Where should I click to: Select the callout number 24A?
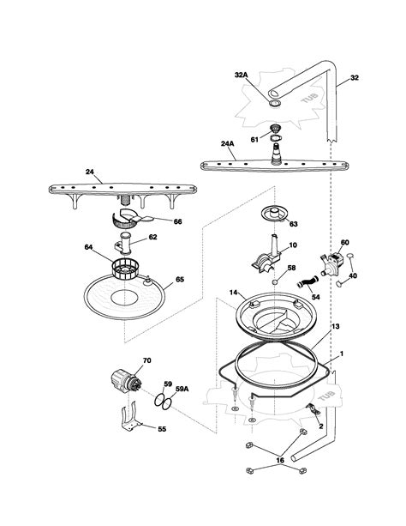pyautogui.click(x=228, y=144)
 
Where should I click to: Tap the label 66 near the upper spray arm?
pyautogui.click(x=178, y=221)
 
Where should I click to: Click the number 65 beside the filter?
pyautogui.click(x=180, y=279)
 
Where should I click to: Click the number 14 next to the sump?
pyautogui.click(x=232, y=293)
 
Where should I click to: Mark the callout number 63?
pyautogui.click(x=293, y=225)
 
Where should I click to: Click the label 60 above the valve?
pyautogui.click(x=345, y=243)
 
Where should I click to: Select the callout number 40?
pyautogui.click(x=353, y=275)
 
